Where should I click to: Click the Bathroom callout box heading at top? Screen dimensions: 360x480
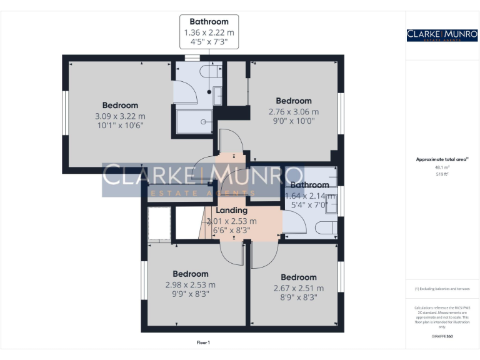209,22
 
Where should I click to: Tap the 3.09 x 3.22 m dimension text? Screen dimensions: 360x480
120,116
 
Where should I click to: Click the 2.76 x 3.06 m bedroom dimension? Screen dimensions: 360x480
293,112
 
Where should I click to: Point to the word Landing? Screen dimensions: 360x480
231,211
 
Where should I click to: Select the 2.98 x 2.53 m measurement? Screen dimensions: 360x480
190,284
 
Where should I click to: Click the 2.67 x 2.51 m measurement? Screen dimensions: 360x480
298,288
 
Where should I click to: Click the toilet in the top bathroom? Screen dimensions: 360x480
211,73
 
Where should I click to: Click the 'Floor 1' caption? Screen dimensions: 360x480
203,342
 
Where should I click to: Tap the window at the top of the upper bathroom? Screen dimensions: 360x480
190,59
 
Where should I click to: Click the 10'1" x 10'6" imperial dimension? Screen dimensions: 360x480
120,125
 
